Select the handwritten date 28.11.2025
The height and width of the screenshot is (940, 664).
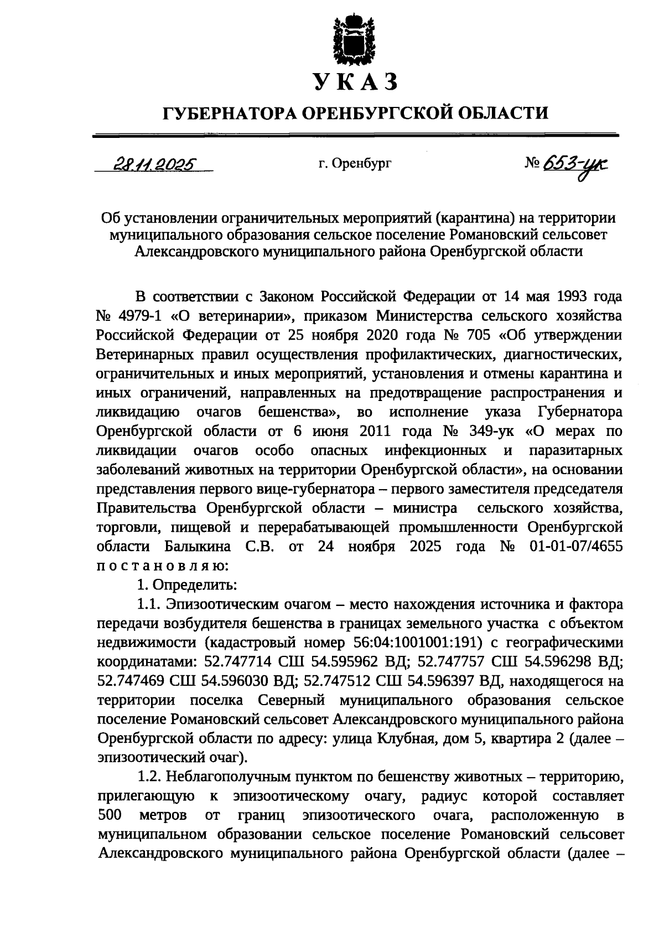coord(153,164)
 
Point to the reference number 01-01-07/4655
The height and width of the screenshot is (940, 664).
coord(576,546)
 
